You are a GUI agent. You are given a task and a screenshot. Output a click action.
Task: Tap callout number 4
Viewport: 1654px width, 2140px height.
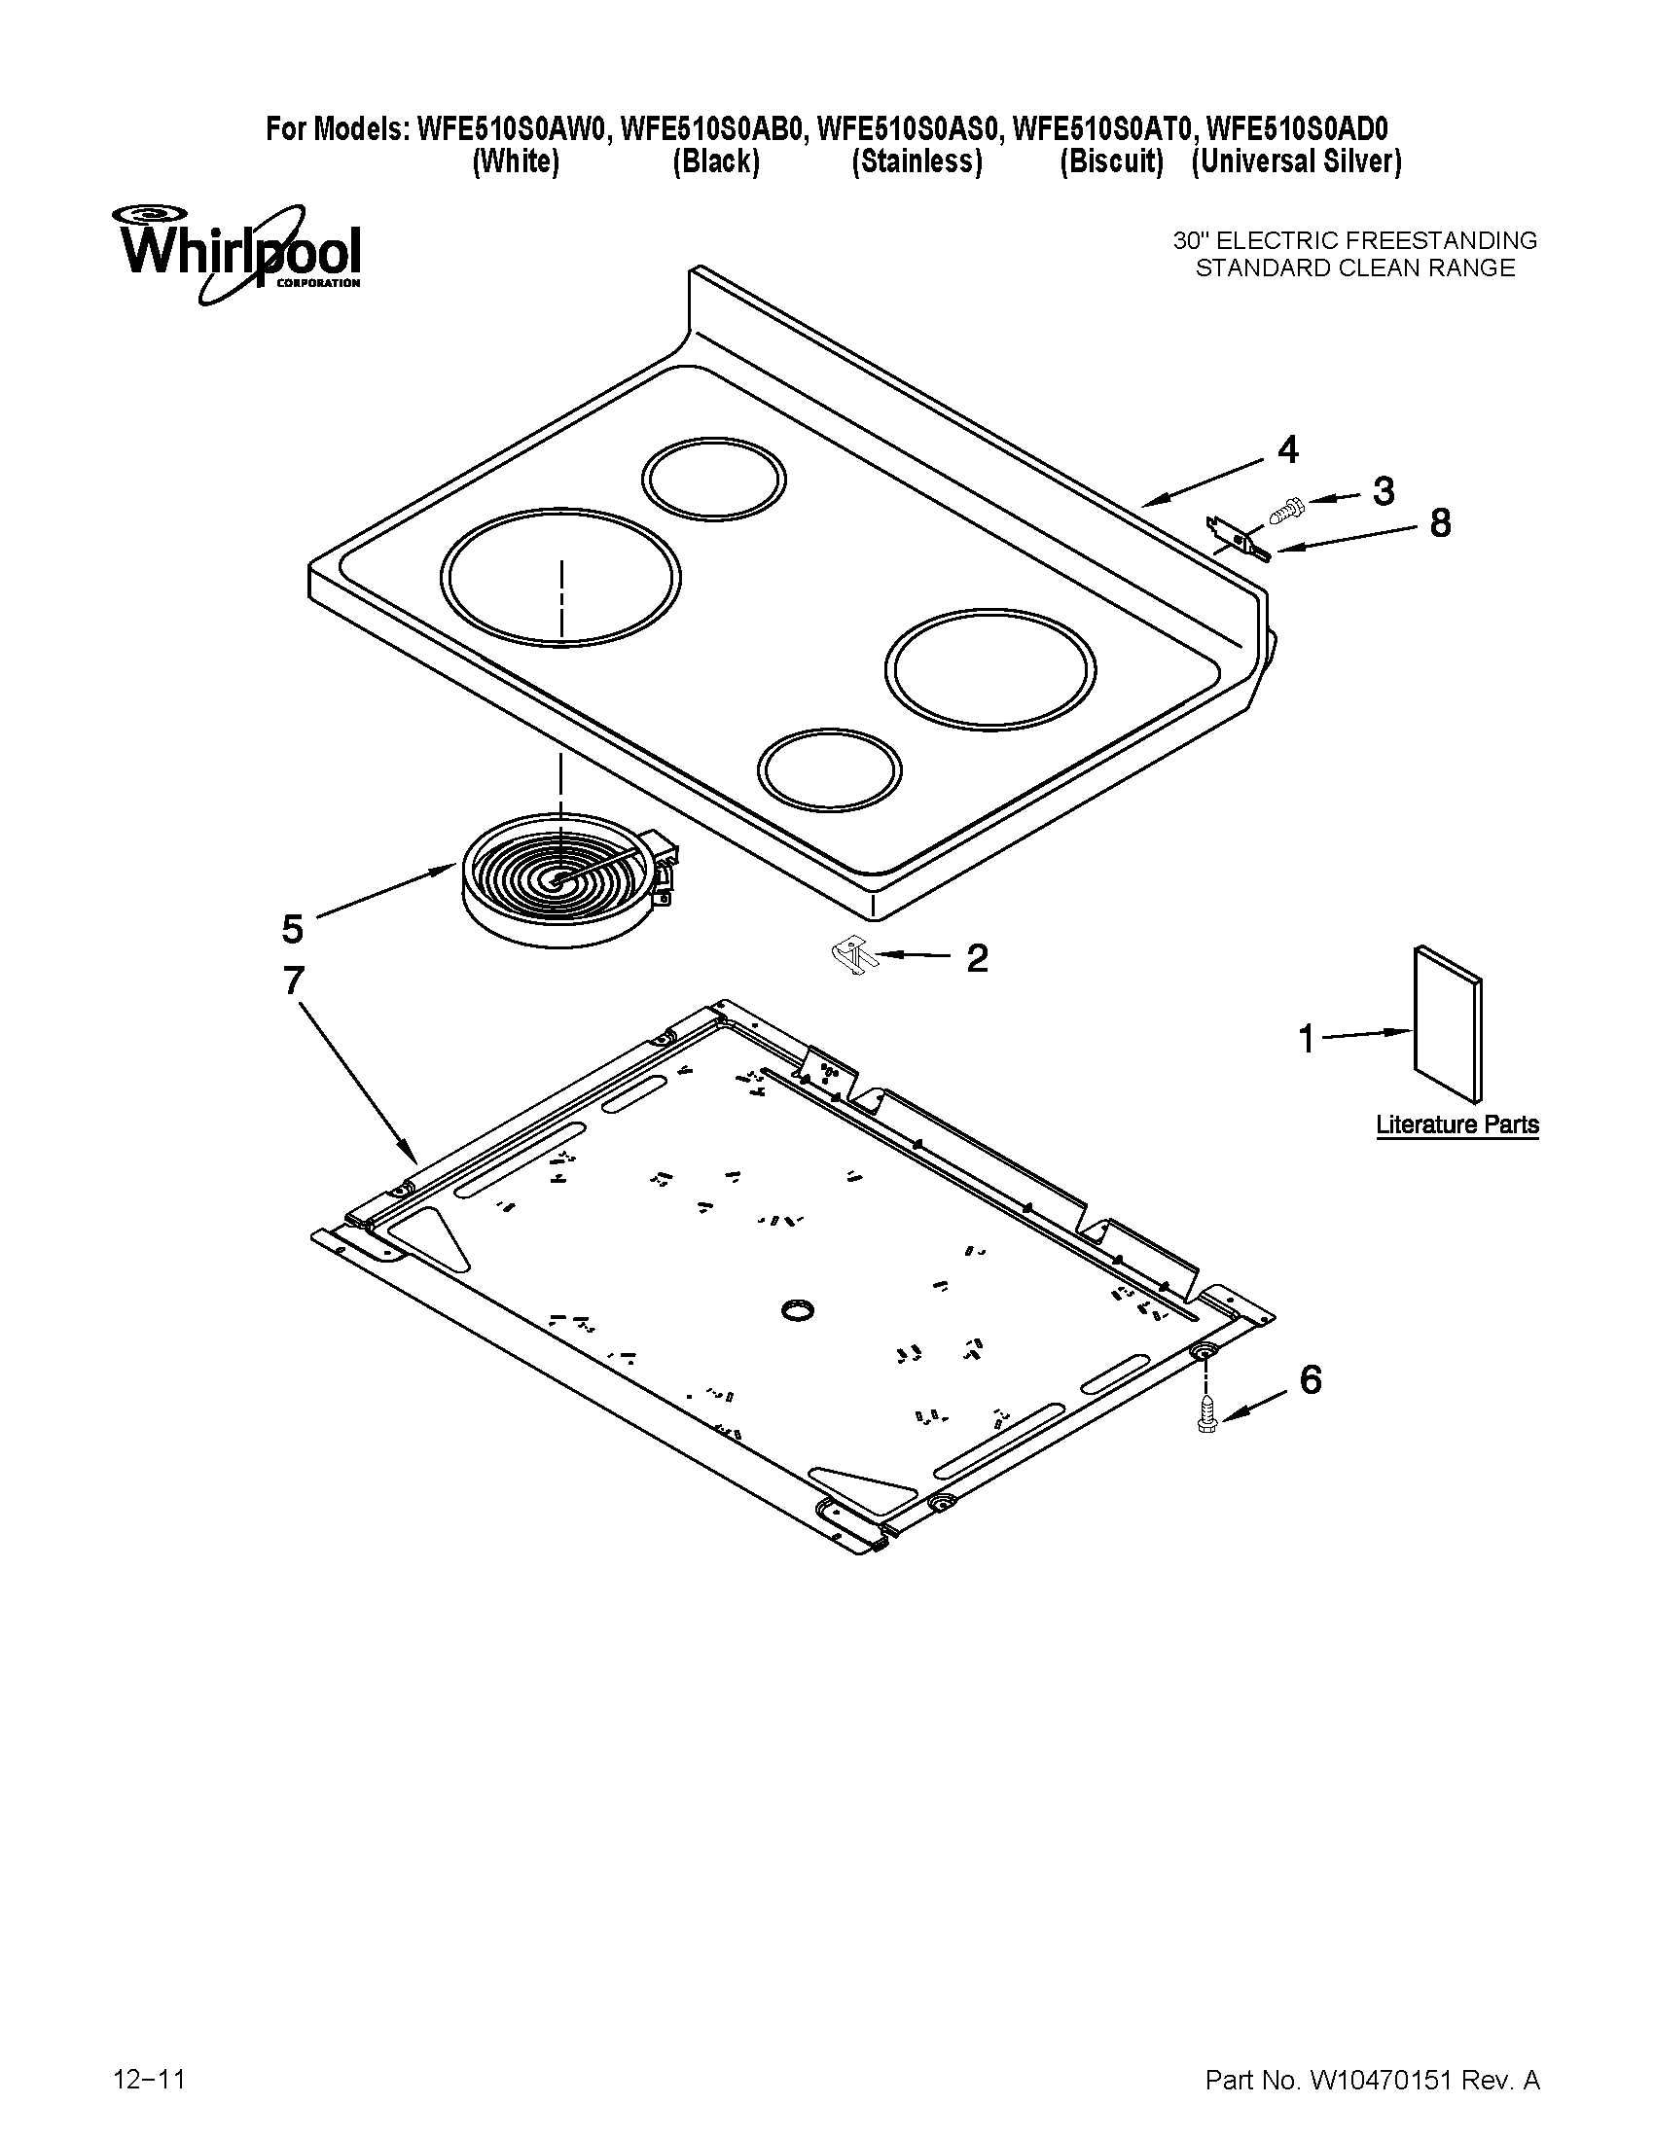point(1287,449)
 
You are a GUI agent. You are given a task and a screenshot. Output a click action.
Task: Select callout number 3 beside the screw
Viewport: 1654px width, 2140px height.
point(1383,491)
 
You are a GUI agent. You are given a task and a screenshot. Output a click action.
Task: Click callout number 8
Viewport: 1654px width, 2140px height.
point(1439,524)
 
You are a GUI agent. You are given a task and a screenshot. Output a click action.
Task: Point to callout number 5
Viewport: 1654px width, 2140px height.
point(292,928)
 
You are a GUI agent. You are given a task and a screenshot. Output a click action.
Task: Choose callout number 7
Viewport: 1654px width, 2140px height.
point(293,981)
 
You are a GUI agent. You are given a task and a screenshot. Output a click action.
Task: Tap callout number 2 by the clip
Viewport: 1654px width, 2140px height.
point(977,957)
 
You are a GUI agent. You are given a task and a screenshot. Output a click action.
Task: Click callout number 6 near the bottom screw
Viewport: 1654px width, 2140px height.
point(1311,1379)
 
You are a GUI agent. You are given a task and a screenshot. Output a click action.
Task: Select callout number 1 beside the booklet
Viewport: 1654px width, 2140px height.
point(1306,1039)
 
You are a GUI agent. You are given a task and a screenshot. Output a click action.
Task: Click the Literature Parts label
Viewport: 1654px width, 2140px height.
point(1457,1124)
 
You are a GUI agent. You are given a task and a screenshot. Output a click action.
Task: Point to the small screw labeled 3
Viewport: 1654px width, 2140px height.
point(1283,509)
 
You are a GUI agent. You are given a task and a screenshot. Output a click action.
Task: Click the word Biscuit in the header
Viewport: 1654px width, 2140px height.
point(1110,161)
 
